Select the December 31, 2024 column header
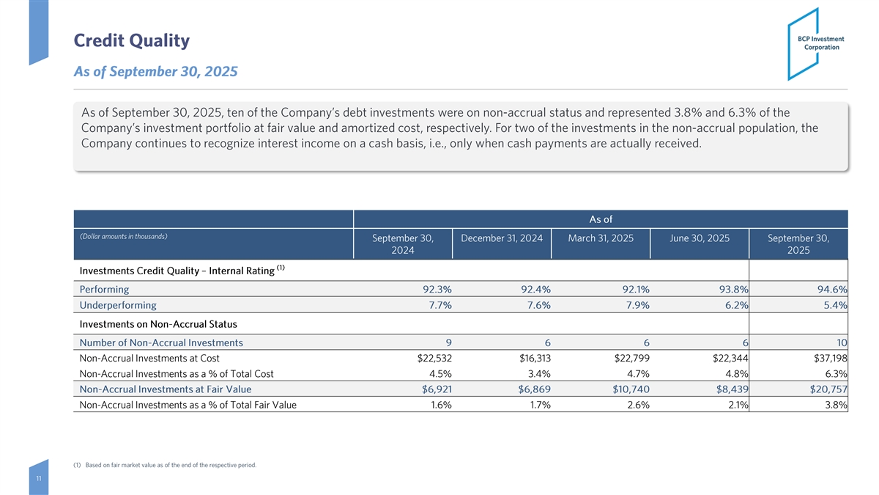[x=502, y=238]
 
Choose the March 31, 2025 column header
[x=601, y=238]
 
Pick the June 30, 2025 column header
[x=699, y=238]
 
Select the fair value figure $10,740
[x=628, y=389]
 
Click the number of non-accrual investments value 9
[x=448, y=342]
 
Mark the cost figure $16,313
[x=530, y=359]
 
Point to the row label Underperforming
[x=118, y=305]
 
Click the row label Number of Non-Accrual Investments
[x=161, y=342]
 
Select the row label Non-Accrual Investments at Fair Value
[x=166, y=389]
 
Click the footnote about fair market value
[x=165, y=465]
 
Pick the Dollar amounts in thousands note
[x=124, y=236]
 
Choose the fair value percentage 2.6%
[x=634, y=404]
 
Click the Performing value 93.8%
[x=732, y=289]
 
